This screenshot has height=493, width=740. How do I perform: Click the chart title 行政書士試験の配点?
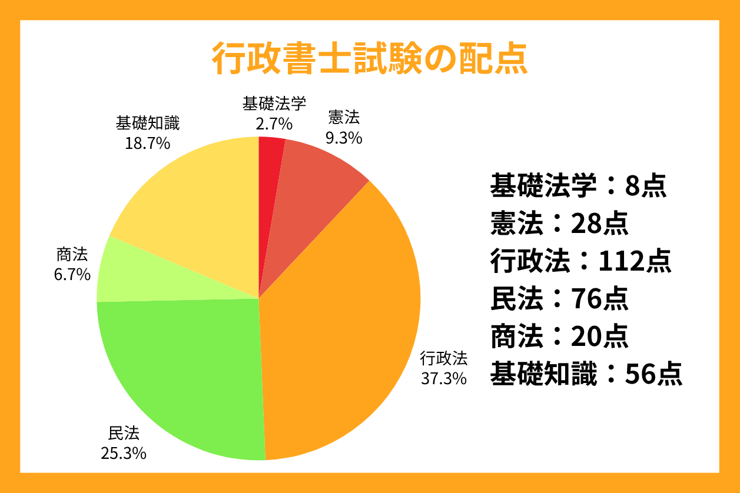click(x=369, y=58)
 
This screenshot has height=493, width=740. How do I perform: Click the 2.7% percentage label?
click(x=274, y=124)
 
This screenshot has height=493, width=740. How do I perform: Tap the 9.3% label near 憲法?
click(x=344, y=138)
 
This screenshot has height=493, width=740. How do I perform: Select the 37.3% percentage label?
click(x=443, y=378)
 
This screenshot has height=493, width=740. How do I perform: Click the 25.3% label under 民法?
click(x=124, y=454)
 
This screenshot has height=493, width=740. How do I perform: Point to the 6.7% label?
click(x=72, y=274)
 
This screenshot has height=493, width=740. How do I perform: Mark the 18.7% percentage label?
click(x=147, y=142)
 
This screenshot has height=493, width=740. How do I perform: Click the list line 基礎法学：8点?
click(x=578, y=186)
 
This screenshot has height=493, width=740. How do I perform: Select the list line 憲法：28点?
click(x=559, y=224)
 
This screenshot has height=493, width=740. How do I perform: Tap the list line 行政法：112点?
click(x=580, y=261)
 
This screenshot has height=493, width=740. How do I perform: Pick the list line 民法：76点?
click(x=559, y=298)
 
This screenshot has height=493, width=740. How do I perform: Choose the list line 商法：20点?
click(x=559, y=336)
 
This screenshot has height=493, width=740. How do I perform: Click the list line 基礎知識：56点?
click(x=586, y=374)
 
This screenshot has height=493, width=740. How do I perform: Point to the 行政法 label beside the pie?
click(x=443, y=358)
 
